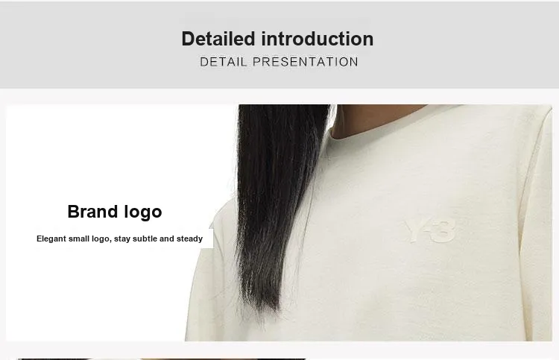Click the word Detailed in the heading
(218, 39)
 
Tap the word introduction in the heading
(318, 39)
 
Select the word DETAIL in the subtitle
(224, 62)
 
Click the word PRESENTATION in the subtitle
(305, 62)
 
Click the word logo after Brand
(143, 212)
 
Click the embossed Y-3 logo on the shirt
(430, 231)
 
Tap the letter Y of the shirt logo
(414, 231)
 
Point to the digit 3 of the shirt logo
(444, 231)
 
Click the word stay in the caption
(122, 239)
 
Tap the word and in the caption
(167, 239)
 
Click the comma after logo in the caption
(110, 241)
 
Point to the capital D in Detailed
(189, 39)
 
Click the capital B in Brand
(74, 212)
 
